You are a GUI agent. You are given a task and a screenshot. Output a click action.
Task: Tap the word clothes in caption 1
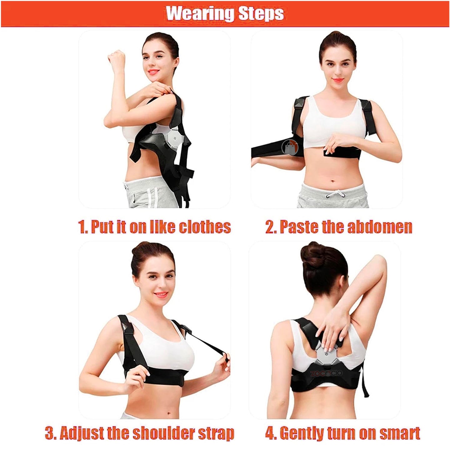pos(205,227)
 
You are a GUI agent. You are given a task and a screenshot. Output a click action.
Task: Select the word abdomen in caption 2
pos(380,227)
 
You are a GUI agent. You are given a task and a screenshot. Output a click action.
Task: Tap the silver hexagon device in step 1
pos(174,138)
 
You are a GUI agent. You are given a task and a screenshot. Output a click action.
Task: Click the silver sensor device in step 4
pos(327,356)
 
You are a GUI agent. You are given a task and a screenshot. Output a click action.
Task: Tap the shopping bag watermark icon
pos(290,147)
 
